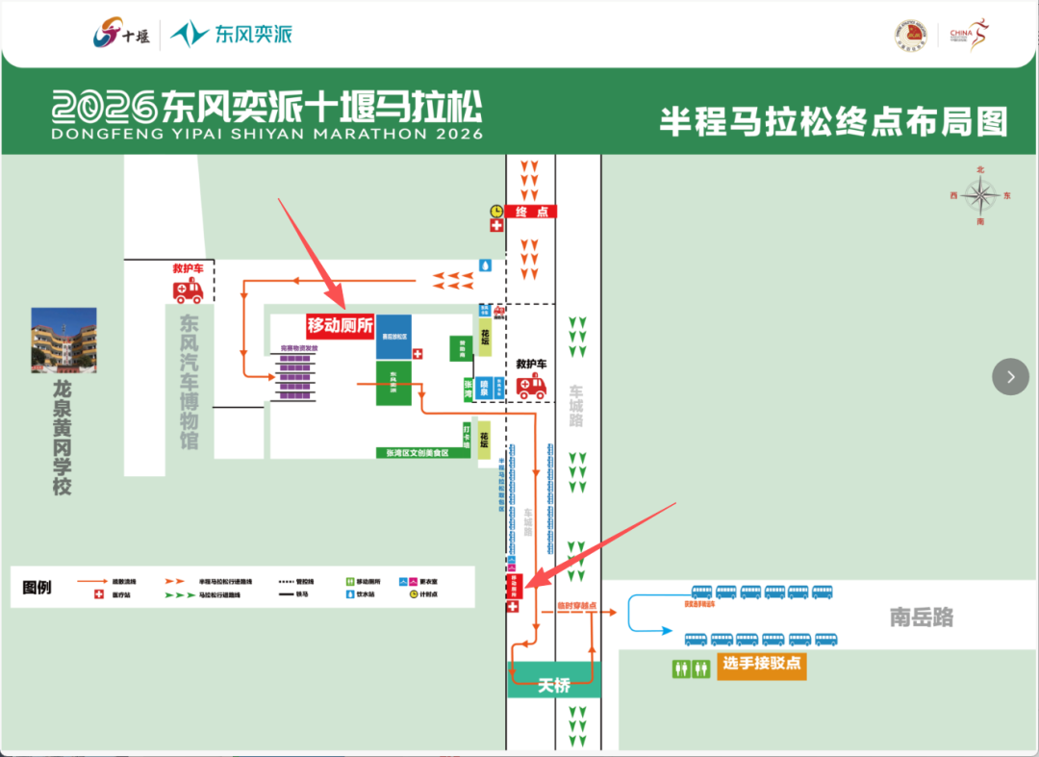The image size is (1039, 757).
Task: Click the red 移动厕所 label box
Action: pyautogui.click(x=341, y=325)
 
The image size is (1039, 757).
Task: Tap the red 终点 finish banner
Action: pyautogui.click(x=531, y=212)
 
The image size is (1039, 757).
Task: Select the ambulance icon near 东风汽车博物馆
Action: pyautogui.click(x=188, y=290)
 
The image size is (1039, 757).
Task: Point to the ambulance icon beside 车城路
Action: pyautogui.click(x=531, y=386)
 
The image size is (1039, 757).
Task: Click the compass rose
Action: pyautogui.click(x=980, y=196)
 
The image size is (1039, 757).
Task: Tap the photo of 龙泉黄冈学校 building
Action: pyautogui.click(x=63, y=340)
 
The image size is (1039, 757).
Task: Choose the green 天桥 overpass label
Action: pyautogui.click(x=553, y=685)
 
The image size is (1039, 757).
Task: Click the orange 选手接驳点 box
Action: pyautogui.click(x=761, y=665)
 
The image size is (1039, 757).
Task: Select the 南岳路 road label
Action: pyautogui.click(x=921, y=618)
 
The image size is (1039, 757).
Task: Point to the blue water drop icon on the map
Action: pyautogui.click(x=486, y=265)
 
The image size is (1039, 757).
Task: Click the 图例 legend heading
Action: pyautogui.click(x=37, y=587)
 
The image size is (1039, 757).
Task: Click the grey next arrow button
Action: pyautogui.click(x=1010, y=377)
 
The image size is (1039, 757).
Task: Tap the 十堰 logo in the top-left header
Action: pyautogui.click(x=120, y=36)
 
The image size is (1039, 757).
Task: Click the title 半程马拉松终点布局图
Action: pyautogui.click(x=833, y=122)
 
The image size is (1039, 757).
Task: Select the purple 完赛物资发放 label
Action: pyautogui.click(x=297, y=347)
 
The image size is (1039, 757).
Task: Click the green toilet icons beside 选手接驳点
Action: pyautogui.click(x=691, y=669)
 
